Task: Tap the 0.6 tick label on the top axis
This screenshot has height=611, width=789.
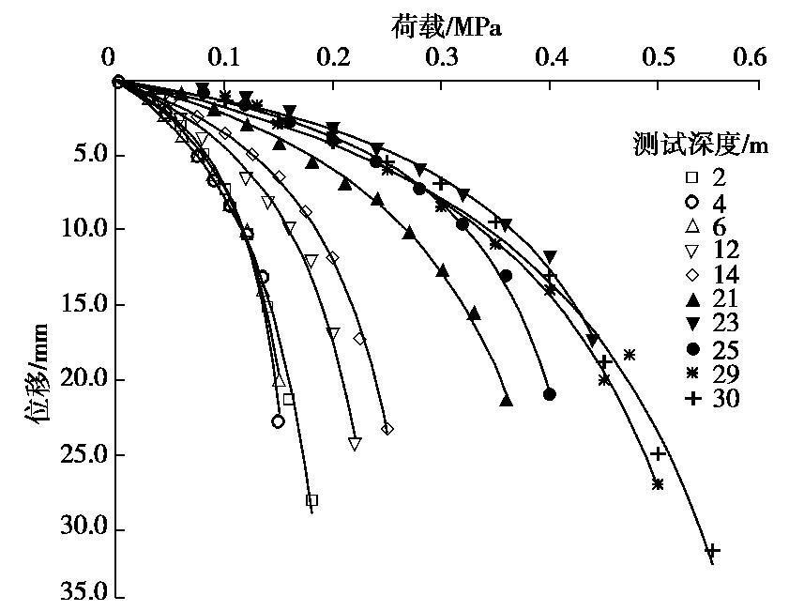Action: click(749, 57)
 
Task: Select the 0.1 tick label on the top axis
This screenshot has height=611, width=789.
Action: click(225, 57)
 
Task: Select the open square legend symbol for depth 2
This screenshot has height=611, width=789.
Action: click(692, 176)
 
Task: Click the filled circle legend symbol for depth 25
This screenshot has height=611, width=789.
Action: click(692, 348)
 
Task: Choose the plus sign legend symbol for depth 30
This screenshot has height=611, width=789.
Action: click(692, 398)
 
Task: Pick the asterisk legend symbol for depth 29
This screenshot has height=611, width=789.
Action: click(692, 374)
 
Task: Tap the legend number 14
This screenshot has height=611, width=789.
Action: click(726, 275)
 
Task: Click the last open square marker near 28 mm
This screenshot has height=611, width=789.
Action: click(311, 500)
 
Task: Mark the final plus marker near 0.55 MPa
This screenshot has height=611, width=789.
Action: click(712, 549)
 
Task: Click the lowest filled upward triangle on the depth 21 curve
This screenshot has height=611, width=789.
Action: click(507, 401)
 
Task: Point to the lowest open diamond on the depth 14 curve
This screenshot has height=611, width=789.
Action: click(387, 429)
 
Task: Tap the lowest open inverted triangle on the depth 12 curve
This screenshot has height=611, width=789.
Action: click(354, 444)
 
